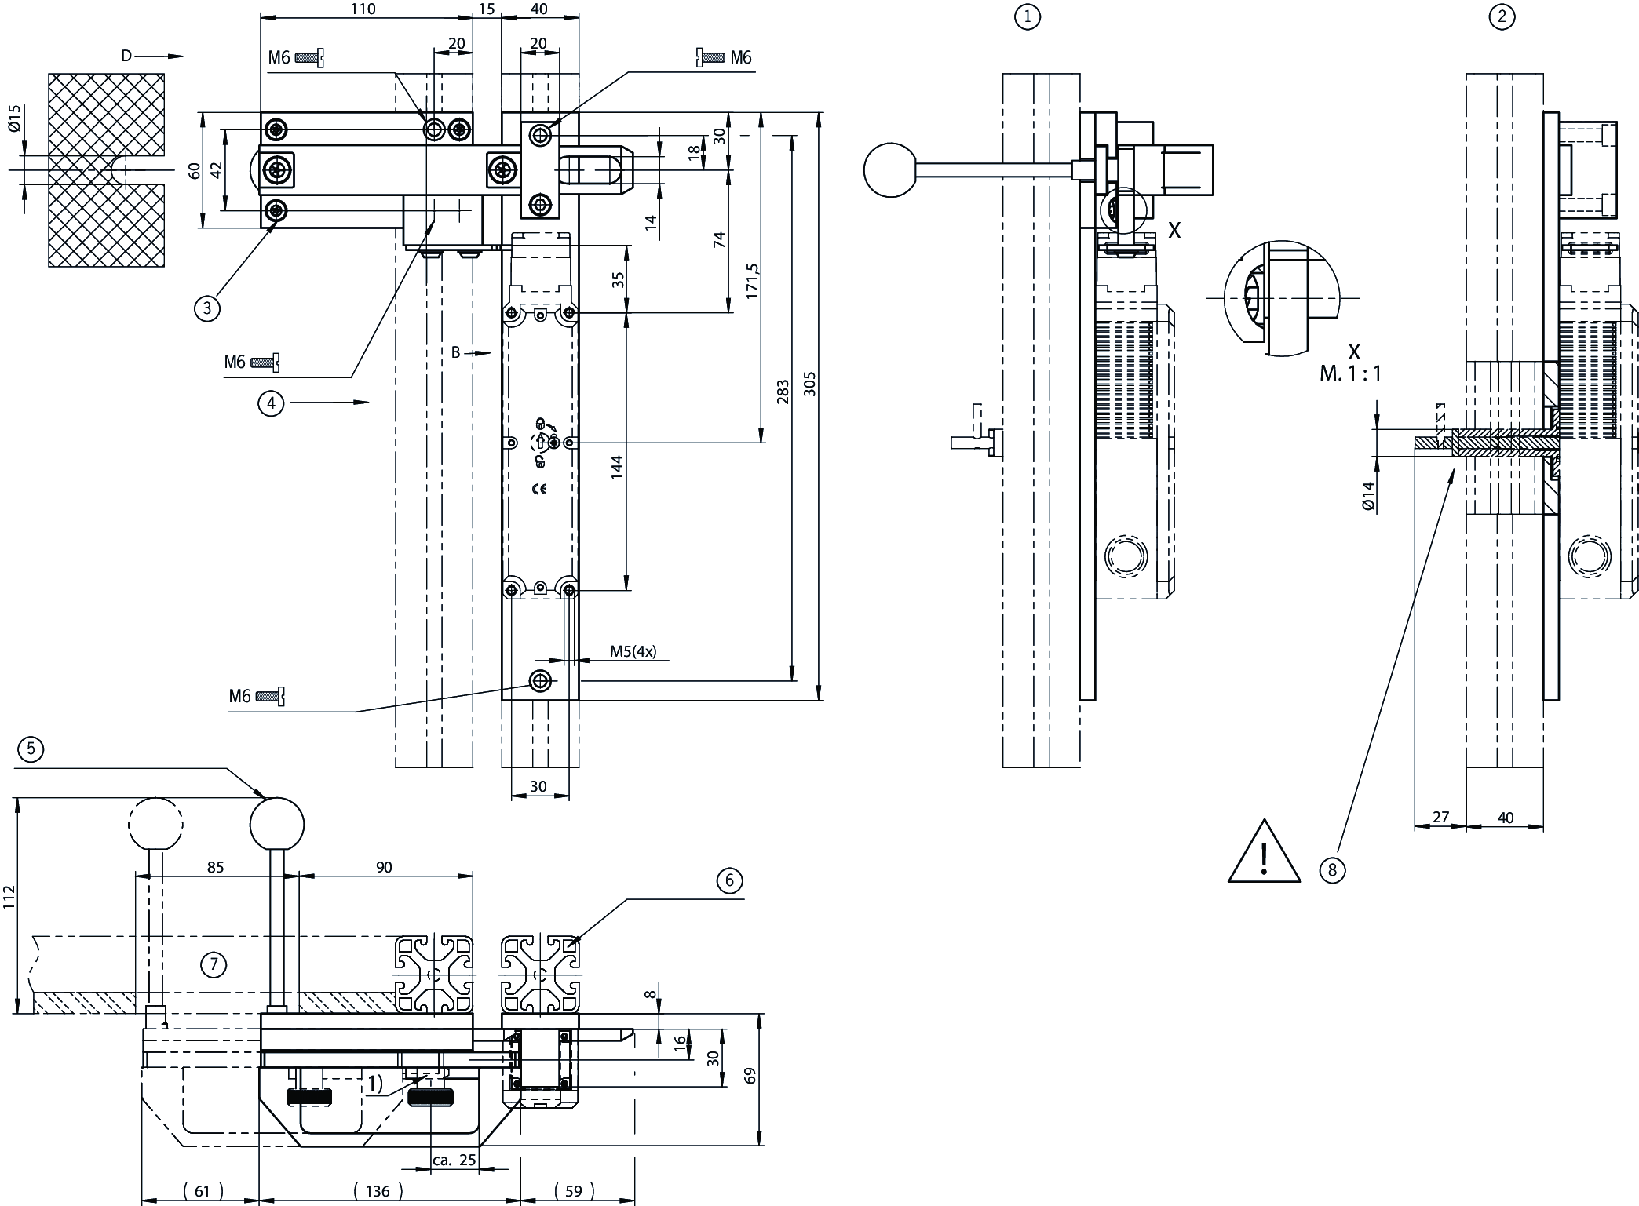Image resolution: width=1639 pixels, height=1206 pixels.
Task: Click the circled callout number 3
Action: pos(206,308)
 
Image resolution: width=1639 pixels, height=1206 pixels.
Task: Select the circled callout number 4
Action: pos(271,403)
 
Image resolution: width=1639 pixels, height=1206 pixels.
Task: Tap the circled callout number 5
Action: pos(31,749)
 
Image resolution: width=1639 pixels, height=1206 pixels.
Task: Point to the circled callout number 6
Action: pos(729,880)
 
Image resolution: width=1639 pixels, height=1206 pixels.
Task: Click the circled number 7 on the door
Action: pos(214,964)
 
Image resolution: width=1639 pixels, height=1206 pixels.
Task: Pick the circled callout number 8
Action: pos(1331,869)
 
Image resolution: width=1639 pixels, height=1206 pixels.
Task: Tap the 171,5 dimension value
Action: pos(752,280)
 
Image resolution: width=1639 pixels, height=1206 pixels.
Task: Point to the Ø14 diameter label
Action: pos(1368,496)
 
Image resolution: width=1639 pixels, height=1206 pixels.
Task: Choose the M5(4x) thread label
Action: pos(633,651)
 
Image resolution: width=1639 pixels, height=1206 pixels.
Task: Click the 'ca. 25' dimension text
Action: pos(454,1160)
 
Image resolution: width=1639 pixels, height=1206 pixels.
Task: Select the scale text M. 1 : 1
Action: pos(1350,373)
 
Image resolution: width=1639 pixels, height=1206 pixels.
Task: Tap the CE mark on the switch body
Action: pos(539,489)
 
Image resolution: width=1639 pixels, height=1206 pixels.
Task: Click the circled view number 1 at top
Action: pos(1027,16)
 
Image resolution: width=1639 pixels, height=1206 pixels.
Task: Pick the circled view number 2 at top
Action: pos(1502,16)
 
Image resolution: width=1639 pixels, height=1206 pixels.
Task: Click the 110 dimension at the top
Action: pos(363,9)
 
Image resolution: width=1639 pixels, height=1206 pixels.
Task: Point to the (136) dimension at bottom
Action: pos(378,1191)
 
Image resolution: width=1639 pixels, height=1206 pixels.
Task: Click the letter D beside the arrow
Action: pos(126,56)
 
